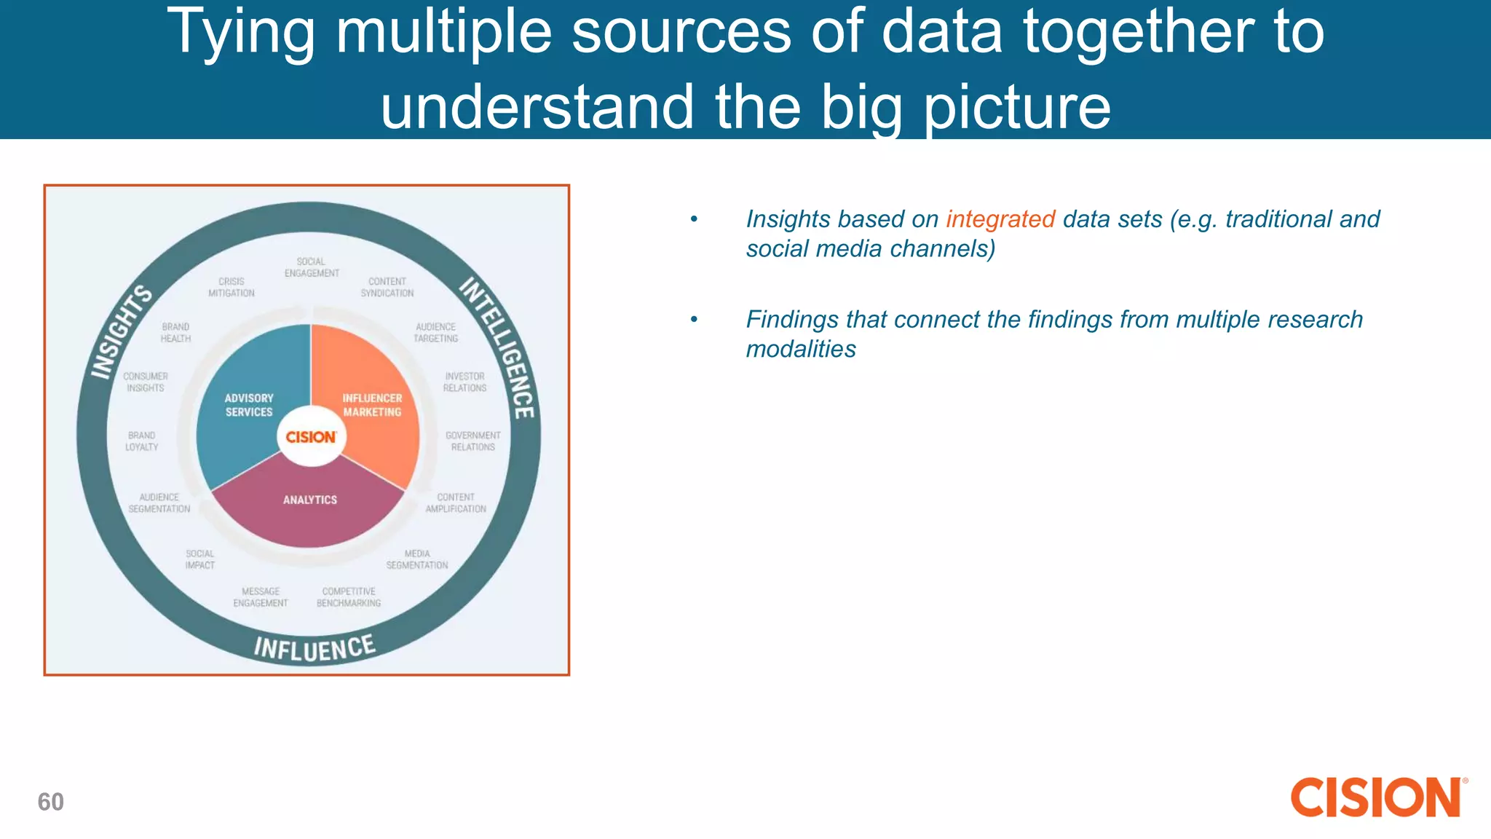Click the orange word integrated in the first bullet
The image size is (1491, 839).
click(1000, 219)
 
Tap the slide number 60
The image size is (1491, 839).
click(51, 802)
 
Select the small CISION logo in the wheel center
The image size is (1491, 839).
click(311, 437)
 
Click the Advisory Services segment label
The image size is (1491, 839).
click(249, 405)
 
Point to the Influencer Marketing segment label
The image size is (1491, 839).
click(372, 405)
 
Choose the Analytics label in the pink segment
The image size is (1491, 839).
click(310, 500)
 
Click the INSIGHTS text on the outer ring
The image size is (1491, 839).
click(121, 332)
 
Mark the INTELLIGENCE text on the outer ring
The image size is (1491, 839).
click(499, 347)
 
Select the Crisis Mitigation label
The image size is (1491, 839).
click(232, 287)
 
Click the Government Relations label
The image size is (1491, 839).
click(472, 441)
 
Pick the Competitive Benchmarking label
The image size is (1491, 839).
click(349, 597)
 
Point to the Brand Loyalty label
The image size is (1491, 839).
click(141, 441)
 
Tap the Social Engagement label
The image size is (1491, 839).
click(312, 267)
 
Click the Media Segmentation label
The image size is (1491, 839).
click(417, 559)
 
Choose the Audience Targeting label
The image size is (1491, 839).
click(435, 333)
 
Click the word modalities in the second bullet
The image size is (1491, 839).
click(800, 350)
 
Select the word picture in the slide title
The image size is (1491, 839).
click(1016, 107)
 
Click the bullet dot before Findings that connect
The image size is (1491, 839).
click(694, 319)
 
